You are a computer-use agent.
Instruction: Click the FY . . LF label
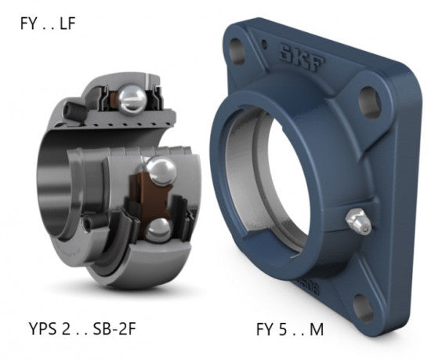pos(48,23)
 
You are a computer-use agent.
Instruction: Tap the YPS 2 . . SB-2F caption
pos(82,329)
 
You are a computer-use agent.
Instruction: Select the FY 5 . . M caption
pos(290,329)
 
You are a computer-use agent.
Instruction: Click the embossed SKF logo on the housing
pos(302,58)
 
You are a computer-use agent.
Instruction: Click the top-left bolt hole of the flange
pos(237,52)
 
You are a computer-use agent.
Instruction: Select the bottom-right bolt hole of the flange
pos(363,307)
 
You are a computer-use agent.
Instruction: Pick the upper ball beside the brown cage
pos(161,171)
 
